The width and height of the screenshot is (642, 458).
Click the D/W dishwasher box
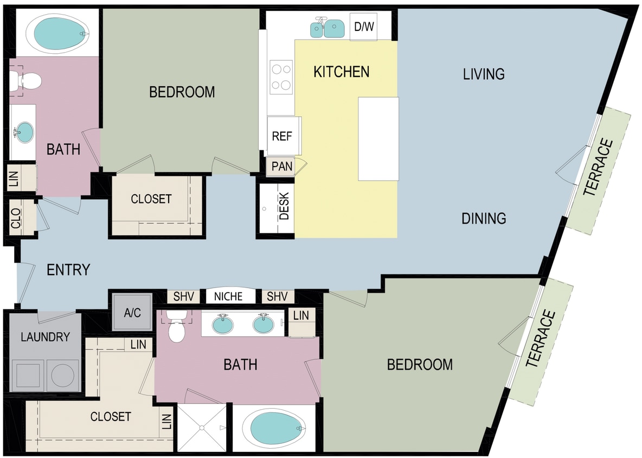pos(363,26)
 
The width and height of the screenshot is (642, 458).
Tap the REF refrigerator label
pos(282,136)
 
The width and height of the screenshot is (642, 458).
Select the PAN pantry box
pos(281,166)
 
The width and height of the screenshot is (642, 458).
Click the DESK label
pos(284,207)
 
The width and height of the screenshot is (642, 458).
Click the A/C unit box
pos(132,313)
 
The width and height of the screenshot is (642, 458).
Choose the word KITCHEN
pos(341,72)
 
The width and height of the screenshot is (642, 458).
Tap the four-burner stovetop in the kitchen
pos(281,77)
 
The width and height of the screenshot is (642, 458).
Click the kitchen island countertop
pos(378,139)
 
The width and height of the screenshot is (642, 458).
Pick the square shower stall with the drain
pos(202,428)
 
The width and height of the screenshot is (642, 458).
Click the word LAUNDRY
pos(45,337)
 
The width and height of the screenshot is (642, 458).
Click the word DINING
pos(484,218)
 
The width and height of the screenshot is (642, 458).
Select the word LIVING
pos(484,74)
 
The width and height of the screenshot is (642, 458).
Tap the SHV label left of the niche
pos(183,297)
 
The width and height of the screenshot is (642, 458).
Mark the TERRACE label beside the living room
pos(598,168)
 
